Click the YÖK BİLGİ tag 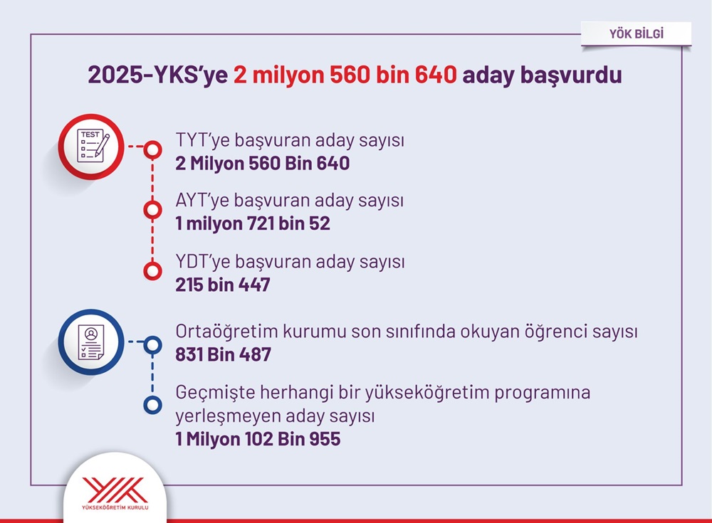click(x=636, y=33)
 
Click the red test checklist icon click(x=91, y=147)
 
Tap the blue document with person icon click(x=91, y=342)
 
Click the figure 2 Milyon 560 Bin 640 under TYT click(x=263, y=164)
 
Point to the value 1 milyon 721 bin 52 click(x=253, y=223)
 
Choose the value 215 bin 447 click(x=223, y=285)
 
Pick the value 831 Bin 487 click(x=224, y=354)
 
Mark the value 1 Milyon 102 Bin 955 click(x=258, y=439)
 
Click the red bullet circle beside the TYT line click(x=152, y=150)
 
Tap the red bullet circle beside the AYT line click(x=152, y=210)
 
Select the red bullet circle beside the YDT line click(x=152, y=271)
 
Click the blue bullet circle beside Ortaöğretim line click(x=152, y=345)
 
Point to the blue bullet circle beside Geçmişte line click(x=152, y=405)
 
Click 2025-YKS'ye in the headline click(x=157, y=75)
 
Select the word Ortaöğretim click(x=226, y=332)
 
